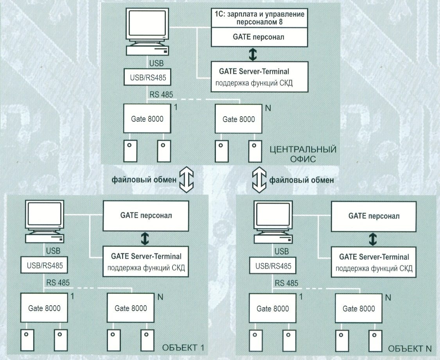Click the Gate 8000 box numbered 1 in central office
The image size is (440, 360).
pyautogui.click(x=147, y=119)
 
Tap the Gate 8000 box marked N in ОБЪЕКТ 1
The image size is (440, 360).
pyautogui.click(x=131, y=308)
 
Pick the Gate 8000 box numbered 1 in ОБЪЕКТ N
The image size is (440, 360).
pyautogui.click(x=273, y=309)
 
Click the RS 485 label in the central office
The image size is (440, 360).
pyautogui.click(x=161, y=94)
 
